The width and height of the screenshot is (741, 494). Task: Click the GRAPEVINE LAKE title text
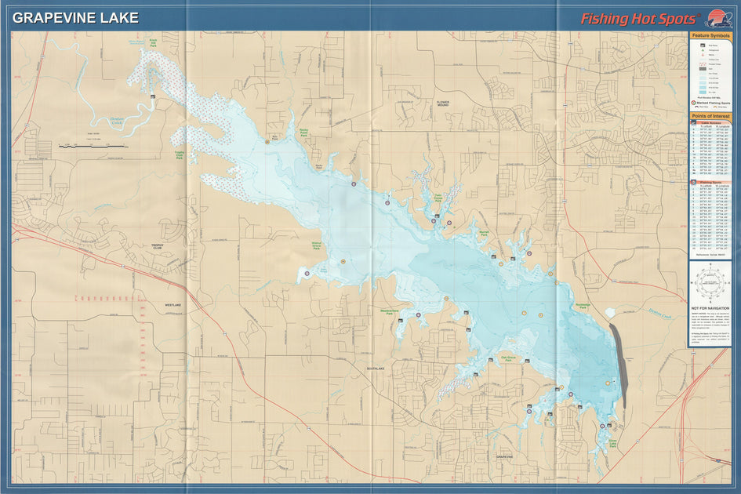coord(76,17)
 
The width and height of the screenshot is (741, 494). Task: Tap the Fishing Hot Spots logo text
coord(637,19)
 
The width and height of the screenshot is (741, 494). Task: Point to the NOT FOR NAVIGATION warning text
coord(710,309)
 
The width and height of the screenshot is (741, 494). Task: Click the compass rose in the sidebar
coord(710,282)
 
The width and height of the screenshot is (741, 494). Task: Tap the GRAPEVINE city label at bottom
coord(504,456)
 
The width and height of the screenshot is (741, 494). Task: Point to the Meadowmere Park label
coord(390,312)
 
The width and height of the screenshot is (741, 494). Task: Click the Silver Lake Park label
coord(612,444)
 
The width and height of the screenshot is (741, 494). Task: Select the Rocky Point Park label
coord(302,134)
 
